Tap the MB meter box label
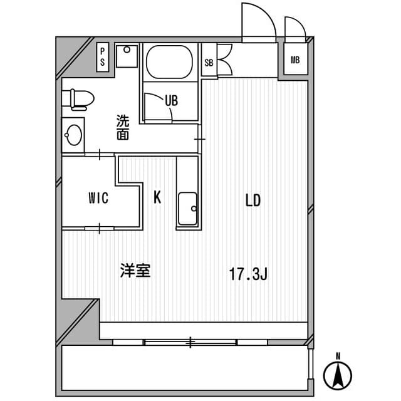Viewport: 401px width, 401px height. pyautogui.click(x=295, y=60)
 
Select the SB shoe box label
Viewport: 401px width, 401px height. pyautogui.click(x=209, y=62)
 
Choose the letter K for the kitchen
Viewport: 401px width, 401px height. pyautogui.click(x=157, y=198)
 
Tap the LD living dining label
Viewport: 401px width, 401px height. pyautogui.click(x=253, y=200)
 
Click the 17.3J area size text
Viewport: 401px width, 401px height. pyautogui.click(x=248, y=274)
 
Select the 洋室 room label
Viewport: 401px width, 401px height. pyautogui.click(x=135, y=271)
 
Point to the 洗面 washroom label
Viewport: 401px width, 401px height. pyautogui.click(x=122, y=127)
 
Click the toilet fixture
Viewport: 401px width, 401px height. pyautogui.click(x=78, y=99)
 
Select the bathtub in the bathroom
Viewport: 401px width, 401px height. pyautogui.click(x=169, y=61)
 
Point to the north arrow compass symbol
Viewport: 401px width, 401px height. pyautogui.click(x=337, y=375)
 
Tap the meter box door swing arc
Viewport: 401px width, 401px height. pyautogui.click(x=294, y=27)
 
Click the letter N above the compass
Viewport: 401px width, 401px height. pyautogui.click(x=337, y=357)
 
